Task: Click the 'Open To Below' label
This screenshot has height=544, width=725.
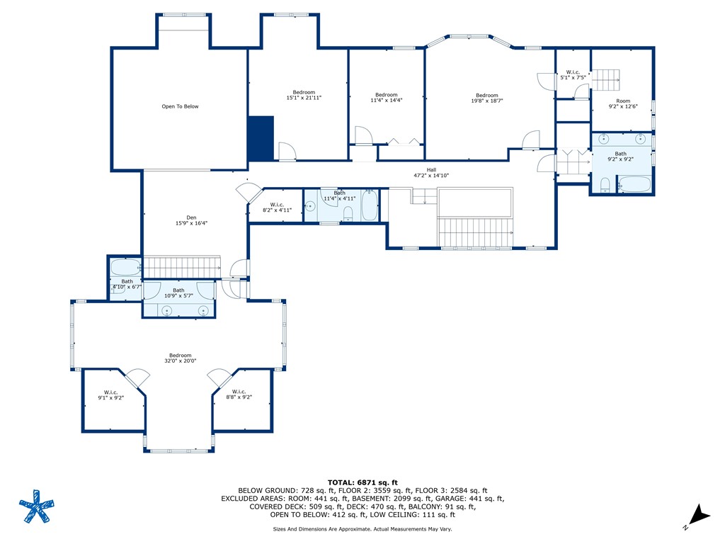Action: pyautogui.click(x=180, y=107)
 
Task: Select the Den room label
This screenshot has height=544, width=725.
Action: pyautogui.click(x=191, y=220)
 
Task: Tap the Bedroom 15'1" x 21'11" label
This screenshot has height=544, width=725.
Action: pyautogui.click(x=304, y=95)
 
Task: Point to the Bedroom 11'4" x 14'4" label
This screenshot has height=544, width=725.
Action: pyautogui.click(x=386, y=98)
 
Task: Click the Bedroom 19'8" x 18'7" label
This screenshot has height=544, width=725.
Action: pyautogui.click(x=486, y=98)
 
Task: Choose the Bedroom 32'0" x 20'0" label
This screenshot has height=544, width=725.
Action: pyautogui.click(x=180, y=358)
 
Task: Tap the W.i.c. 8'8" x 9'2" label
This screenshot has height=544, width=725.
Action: pyautogui.click(x=239, y=395)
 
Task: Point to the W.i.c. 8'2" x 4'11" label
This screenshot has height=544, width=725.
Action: pyautogui.click(x=277, y=208)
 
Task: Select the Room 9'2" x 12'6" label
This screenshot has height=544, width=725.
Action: pyautogui.click(x=622, y=103)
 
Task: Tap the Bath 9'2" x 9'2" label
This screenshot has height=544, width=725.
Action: pyautogui.click(x=620, y=157)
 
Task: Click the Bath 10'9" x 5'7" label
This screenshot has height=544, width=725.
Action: pyautogui.click(x=178, y=293)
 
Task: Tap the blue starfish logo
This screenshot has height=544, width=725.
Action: pyautogui.click(x=35, y=507)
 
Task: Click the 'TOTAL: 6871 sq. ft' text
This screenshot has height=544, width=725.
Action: pyautogui.click(x=362, y=482)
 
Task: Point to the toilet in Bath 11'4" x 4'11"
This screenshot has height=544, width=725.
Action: pyautogui.click(x=348, y=213)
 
